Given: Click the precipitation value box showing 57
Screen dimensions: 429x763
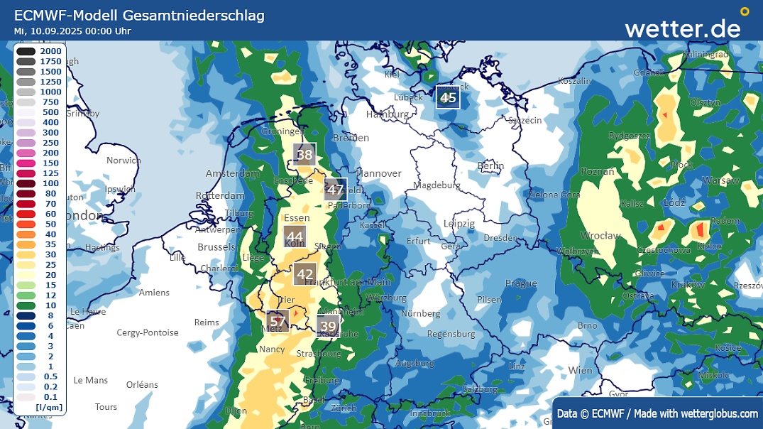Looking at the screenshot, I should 278,321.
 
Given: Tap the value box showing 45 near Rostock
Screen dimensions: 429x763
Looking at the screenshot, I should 448,98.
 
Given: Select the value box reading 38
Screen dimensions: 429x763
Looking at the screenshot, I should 304,155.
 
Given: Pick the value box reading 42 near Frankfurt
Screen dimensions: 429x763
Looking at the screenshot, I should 305,274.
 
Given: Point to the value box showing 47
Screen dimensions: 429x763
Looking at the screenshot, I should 335,190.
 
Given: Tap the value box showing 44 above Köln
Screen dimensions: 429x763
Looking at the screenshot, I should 295,237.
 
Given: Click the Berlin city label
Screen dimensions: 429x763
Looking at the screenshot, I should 490,165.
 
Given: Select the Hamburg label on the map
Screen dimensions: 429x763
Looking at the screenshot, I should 387,114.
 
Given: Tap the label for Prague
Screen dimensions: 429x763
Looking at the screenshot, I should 521,283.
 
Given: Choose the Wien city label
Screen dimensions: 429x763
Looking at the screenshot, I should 580,370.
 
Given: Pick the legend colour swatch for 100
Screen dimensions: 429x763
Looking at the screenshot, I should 26,183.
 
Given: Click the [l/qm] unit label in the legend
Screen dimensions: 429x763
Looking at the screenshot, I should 50,407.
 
